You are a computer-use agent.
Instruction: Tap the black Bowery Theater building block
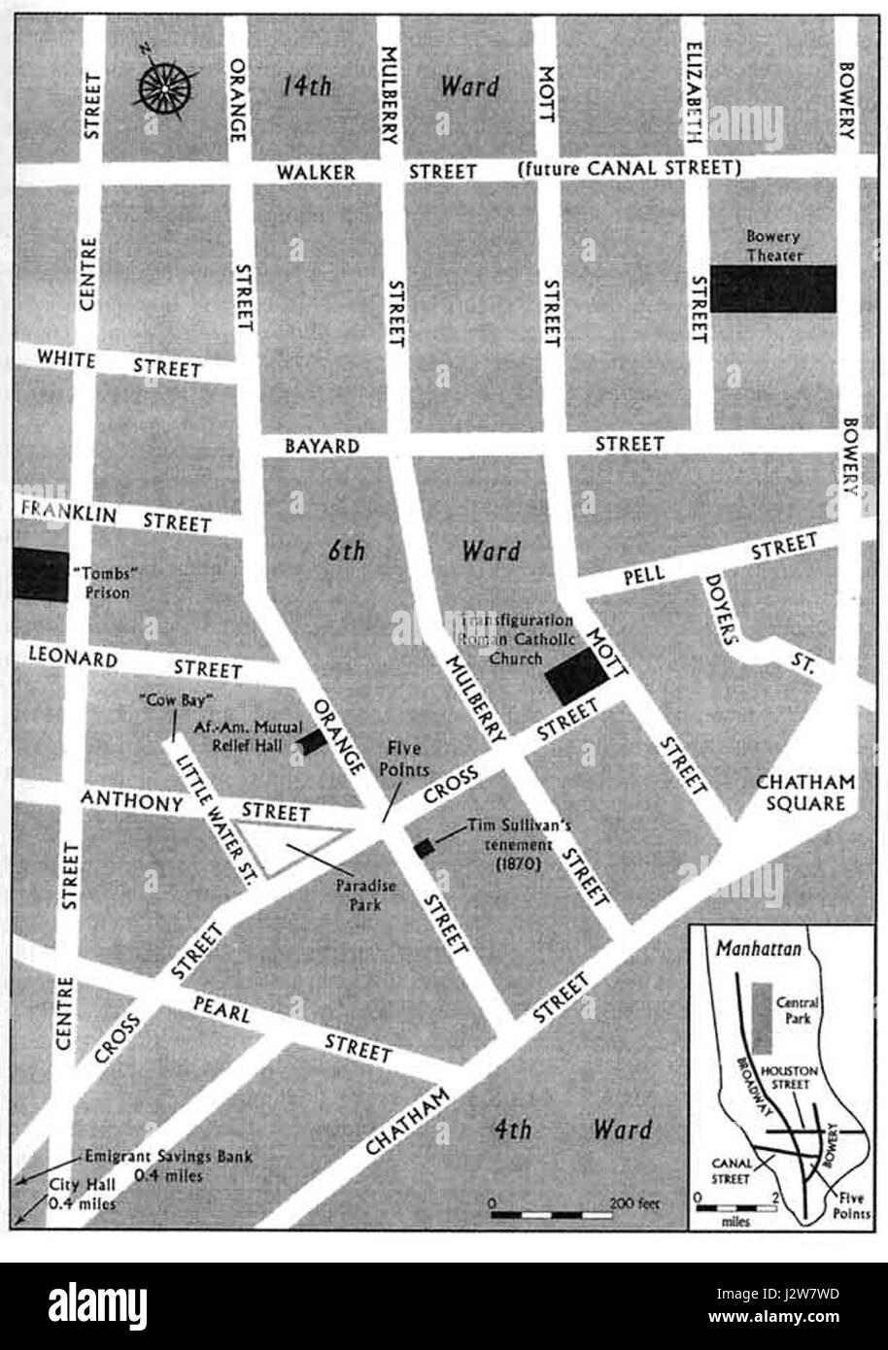click(x=773, y=288)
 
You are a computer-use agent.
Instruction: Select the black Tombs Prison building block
click(x=40, y=575)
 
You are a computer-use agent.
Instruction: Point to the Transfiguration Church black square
click(x=576, y=676)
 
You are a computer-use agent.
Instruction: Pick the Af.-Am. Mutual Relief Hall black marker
click(x=311, y=742)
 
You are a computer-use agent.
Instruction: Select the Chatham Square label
click(x=805, y=793)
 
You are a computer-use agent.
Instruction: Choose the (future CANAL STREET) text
click(x=630, y=169)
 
